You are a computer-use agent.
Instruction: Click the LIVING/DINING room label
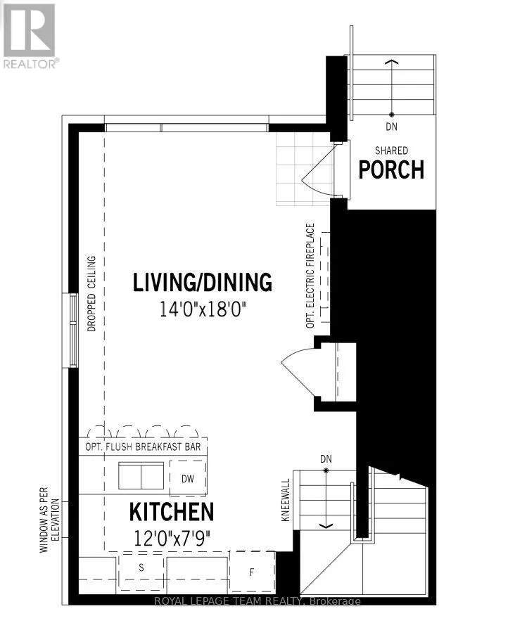point(203,282)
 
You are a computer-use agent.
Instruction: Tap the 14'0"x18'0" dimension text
point(202,309)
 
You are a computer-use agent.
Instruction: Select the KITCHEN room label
point(172,511)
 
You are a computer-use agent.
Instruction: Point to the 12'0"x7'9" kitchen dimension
point(172,538)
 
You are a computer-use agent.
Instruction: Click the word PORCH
point(391,170)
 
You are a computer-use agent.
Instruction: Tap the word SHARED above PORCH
point(392,150)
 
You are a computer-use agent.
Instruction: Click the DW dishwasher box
point(188,478)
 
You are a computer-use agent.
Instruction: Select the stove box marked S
point(141,572)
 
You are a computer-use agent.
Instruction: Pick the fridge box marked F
point(252,572)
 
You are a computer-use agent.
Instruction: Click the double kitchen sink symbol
point(141,475)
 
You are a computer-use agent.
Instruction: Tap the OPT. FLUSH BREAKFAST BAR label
point(143,447)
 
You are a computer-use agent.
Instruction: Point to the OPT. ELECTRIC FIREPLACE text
point(310,276)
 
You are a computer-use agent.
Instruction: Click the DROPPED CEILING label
point(91,293)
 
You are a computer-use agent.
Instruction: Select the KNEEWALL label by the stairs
point(286,500)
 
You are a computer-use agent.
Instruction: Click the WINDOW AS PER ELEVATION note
point(49,520)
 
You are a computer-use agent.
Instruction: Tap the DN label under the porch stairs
point(392,127)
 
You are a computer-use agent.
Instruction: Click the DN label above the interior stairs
point(326,459)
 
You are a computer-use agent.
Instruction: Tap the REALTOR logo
point(30,36)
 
